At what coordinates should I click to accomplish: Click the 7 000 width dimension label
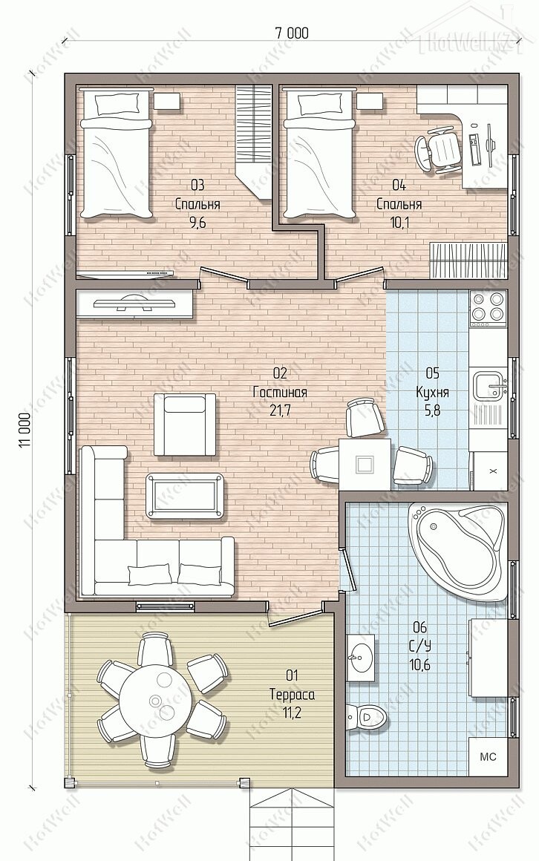(292, 33)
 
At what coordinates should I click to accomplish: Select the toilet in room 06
(367, 717)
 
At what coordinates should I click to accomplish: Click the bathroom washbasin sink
(361, 653)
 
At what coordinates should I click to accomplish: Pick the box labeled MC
(488, 756)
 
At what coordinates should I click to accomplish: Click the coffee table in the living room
(186, 496)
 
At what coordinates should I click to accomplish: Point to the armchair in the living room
(185, 424)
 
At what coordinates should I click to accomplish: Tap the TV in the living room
(134, 303)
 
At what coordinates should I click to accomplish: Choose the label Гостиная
(280, 393)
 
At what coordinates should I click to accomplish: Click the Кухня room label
(432, 393)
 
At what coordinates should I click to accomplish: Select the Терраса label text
(293, 695)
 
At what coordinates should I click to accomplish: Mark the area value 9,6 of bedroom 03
(197, 223)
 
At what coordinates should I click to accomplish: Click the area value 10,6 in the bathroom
(419, 665)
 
